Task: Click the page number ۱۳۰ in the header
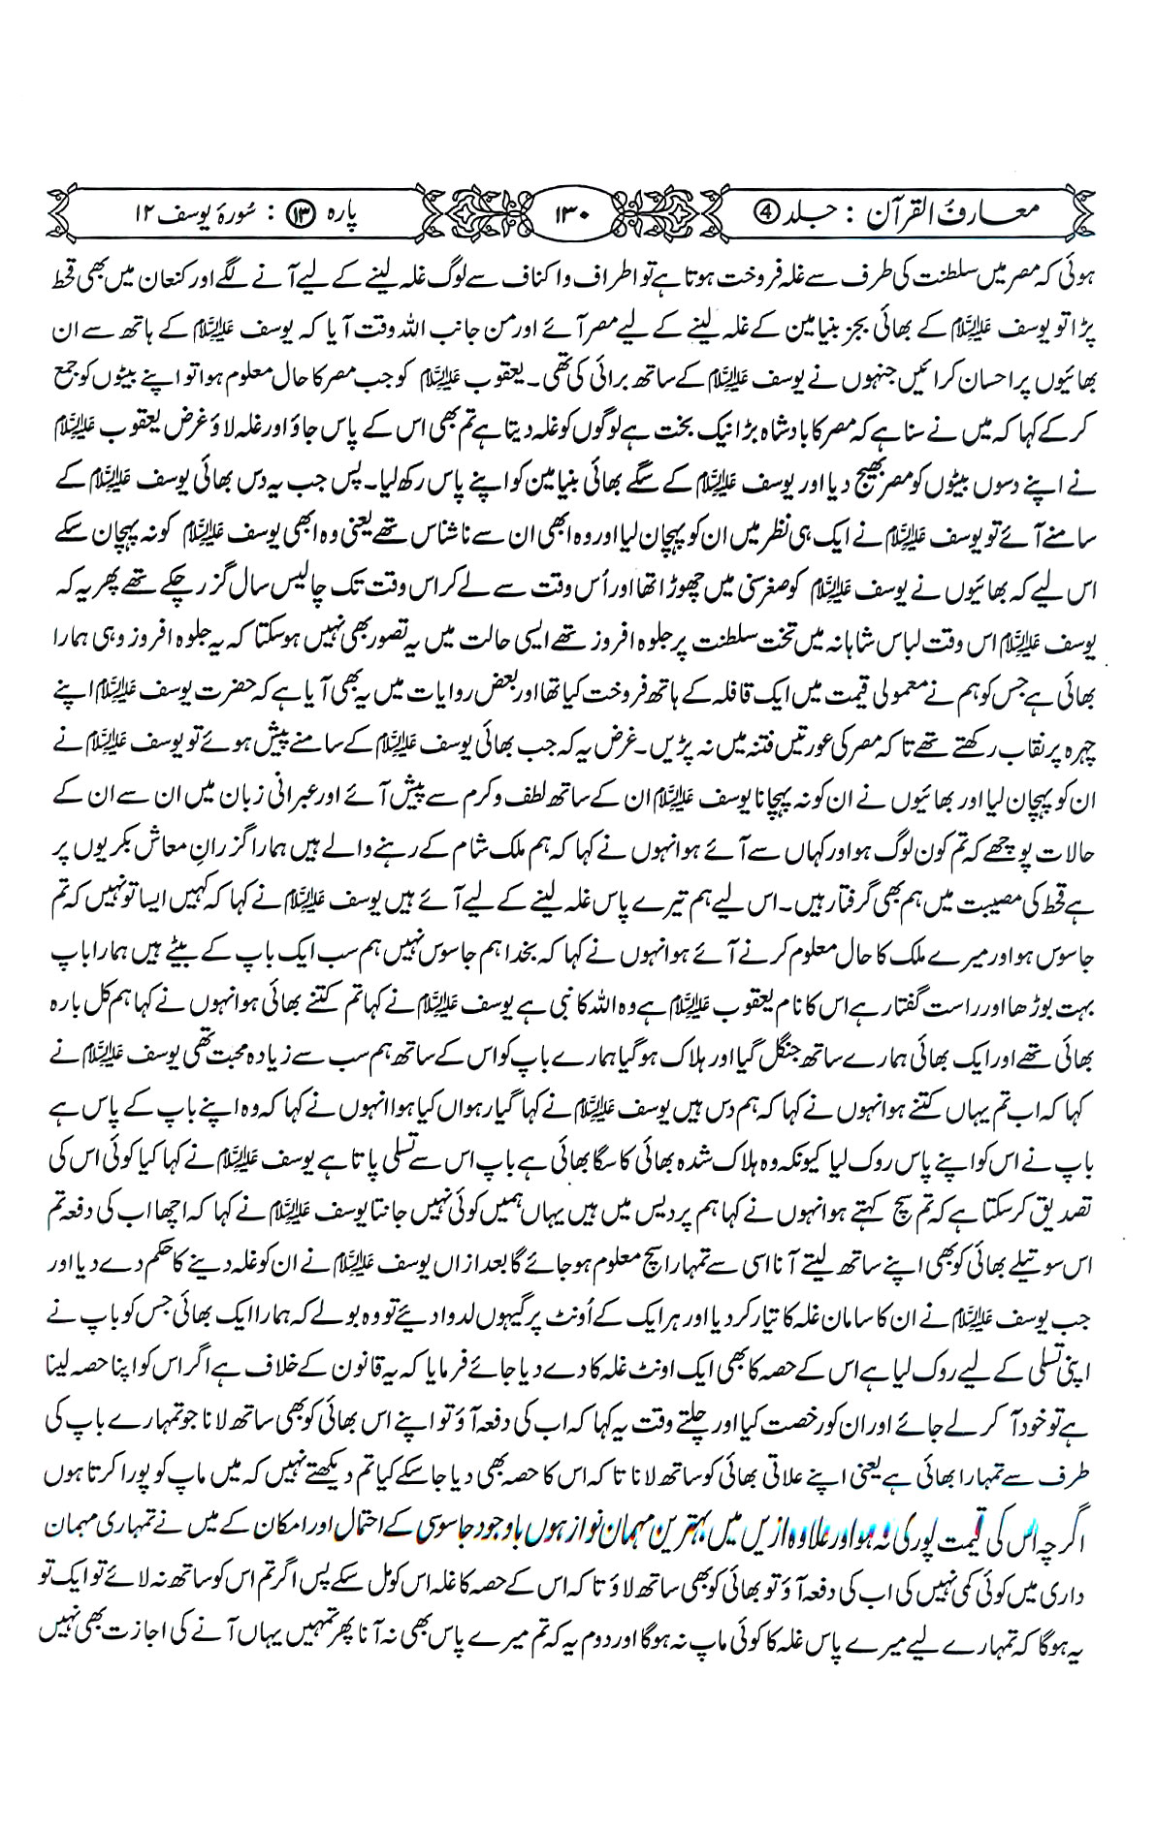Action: click(x=578, y=210)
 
